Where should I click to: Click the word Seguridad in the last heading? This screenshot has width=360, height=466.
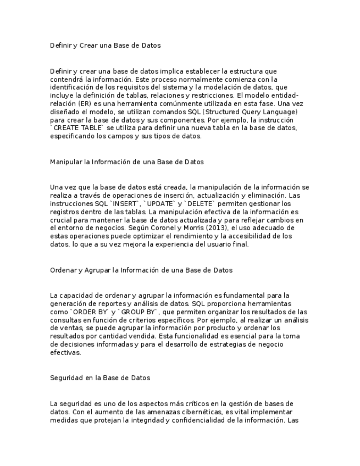[x=67, y=378]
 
